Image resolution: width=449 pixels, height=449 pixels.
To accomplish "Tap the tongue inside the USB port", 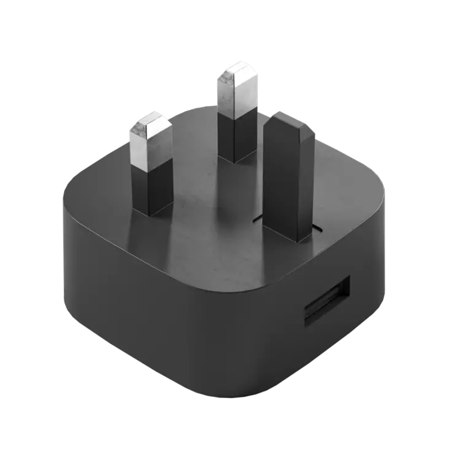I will [326, 307].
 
